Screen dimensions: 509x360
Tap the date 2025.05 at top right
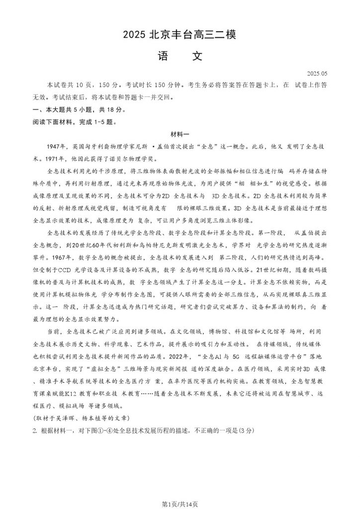click(317, 74)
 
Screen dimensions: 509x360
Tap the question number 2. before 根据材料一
click(35, 430)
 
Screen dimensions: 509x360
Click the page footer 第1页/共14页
click(180, 504)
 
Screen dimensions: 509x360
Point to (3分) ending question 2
click(249, 430)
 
